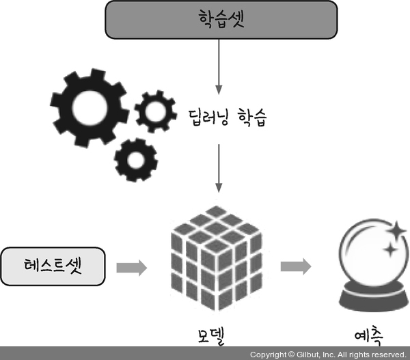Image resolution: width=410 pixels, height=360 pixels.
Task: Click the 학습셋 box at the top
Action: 221,19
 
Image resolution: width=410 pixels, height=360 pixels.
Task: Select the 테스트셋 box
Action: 53,266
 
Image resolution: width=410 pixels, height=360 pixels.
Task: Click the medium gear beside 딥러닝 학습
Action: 156,112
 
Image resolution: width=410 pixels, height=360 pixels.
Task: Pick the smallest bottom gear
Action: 135,159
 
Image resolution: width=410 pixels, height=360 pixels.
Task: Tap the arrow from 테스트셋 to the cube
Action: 132,267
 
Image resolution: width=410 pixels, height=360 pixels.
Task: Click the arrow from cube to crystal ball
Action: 295,266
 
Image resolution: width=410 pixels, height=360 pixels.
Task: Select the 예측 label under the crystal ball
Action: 368,335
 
